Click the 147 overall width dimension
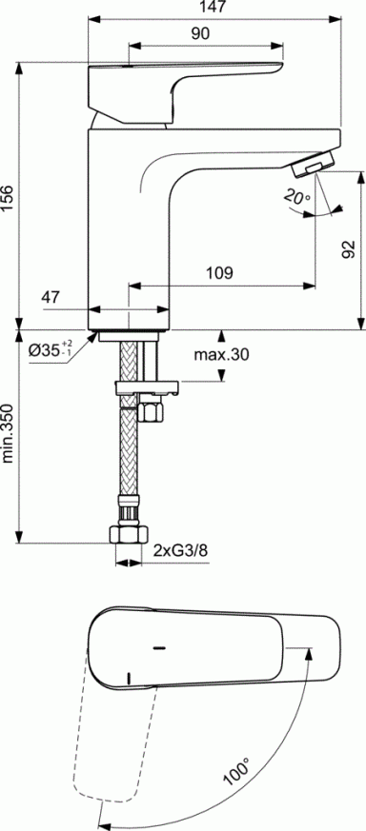point(213,9)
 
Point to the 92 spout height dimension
point(349,249)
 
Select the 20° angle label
point(295,197)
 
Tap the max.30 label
point(222,355)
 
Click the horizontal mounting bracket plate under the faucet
point(145,387)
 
